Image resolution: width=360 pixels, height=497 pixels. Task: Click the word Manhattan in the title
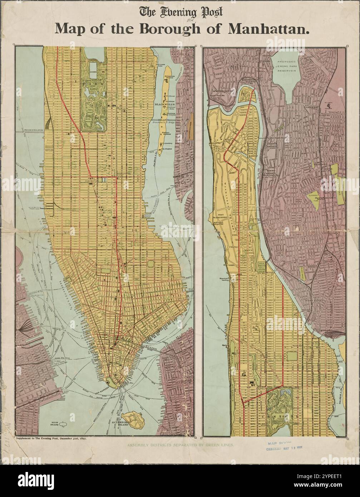point(268,29)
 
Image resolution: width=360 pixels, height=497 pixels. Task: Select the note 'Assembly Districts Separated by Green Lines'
point(179,445)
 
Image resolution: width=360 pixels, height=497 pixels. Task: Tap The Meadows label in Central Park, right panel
point(280,412)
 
